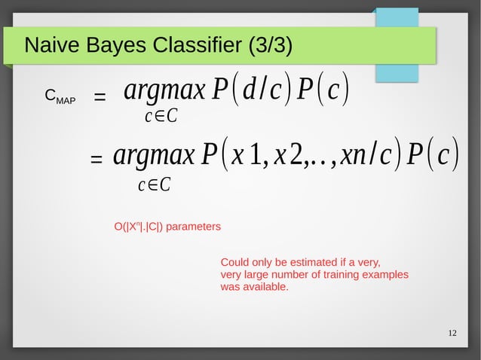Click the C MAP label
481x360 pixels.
(60, 97)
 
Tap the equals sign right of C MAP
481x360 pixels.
(99, 97)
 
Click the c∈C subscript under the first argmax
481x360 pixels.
(161, 117)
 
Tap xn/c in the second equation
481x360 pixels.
(364, 157)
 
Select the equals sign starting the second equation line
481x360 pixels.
(96, 160)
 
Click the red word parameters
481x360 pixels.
(193, 226)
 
